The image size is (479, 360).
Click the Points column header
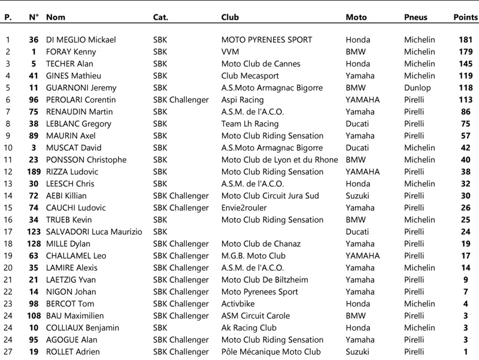click(x=466, y=17)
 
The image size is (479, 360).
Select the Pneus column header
click(x=416, y=17)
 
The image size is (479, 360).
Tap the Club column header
click(x=231, y=17)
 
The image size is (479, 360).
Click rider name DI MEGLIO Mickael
click(x=81, y=40)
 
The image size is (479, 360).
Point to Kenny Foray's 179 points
click(x=466, y=52)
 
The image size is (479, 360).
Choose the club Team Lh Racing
click(x=250, y=124)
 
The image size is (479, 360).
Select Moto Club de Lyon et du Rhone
click(x=280, y=160)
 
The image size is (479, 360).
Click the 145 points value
click(x=466, y=64)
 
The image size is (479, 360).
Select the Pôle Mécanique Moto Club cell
click(x=271, y=352)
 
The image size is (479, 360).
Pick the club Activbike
click(x=239, y=304)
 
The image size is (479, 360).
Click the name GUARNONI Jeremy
click(x=81, y=88)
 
